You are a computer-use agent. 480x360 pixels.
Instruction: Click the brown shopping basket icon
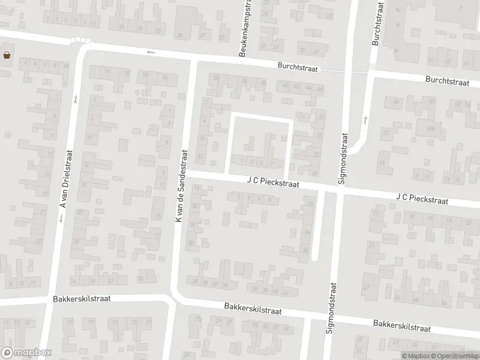pyautogui.click(x=7, y=56)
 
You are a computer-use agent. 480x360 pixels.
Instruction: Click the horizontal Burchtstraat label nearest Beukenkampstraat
pyautogui.click(x=296, y=68)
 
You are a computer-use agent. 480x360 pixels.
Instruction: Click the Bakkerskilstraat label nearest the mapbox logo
pyautogui.click(x=81, y=298)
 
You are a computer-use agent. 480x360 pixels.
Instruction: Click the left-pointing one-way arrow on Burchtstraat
pyautogui.click(x=150, y=53)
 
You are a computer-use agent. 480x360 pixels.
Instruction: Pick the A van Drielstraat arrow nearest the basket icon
pyautogui.click(x=74, y=99)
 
